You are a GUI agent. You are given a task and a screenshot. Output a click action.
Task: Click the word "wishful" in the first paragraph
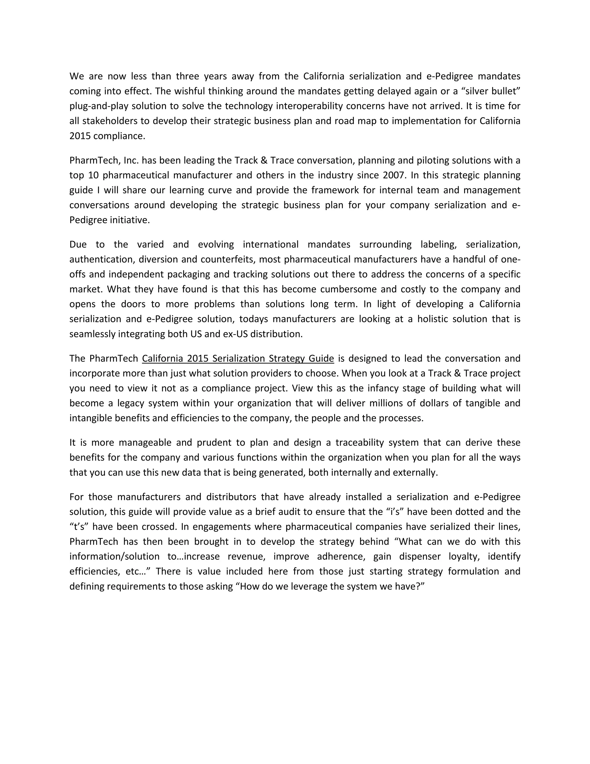coord(191,91)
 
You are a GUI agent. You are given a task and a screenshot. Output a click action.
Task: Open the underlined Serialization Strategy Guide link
coord(238,359)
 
